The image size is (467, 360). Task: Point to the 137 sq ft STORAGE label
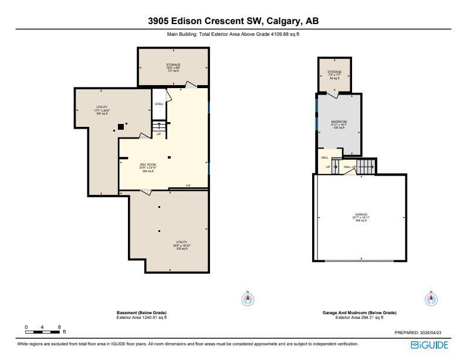[173, 68]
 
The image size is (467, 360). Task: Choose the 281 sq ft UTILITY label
[102, 110]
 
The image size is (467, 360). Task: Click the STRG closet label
[158, 104]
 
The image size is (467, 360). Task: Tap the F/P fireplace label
[188, 186]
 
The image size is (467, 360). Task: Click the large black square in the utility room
[120, 126]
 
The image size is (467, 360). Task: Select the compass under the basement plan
[248, 299]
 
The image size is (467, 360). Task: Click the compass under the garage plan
[431, 299]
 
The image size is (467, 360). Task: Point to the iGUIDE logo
[429, 345]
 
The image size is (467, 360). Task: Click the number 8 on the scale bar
[59, 327]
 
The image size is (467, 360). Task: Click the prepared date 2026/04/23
[435, 332]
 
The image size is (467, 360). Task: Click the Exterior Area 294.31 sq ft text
[359, 317]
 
